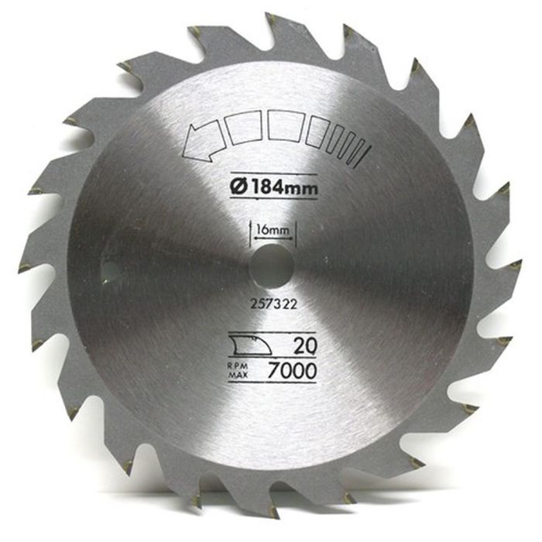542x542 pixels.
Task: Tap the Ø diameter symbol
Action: [x=236, y=186]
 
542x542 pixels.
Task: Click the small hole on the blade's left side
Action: [x=109, y=272]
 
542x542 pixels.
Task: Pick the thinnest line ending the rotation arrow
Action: [x=362, y=149]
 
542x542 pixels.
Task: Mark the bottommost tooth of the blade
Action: [x=272, y=514]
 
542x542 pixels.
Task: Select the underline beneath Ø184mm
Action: [x=273, y=198]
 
